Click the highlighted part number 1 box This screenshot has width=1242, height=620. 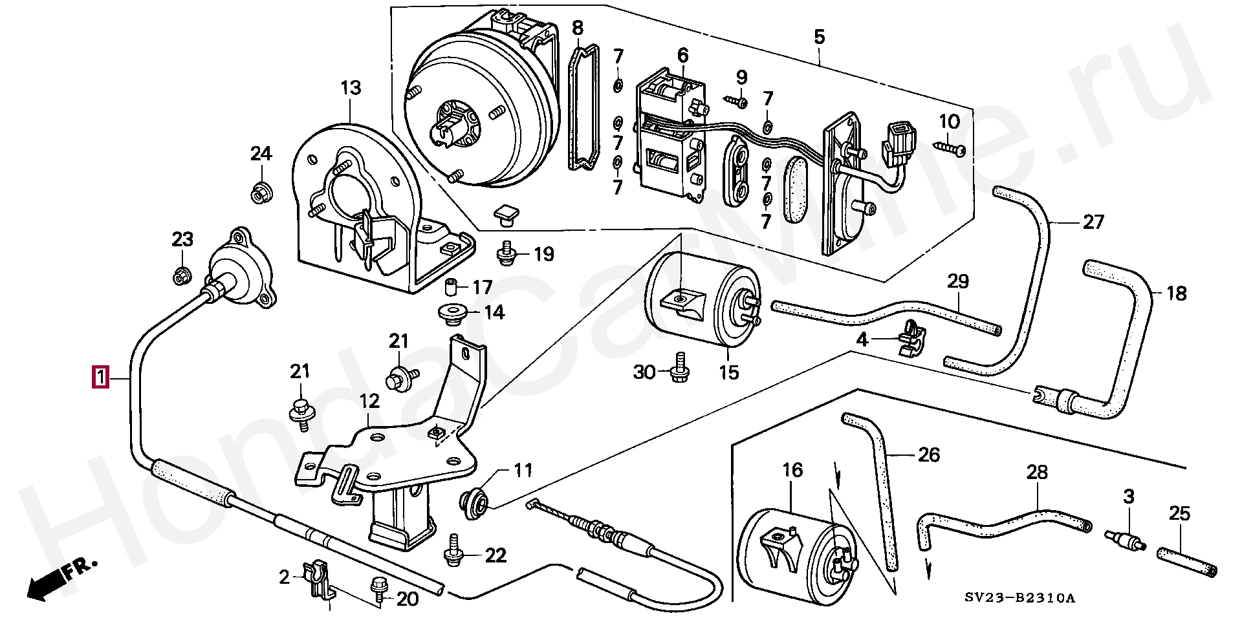[x=100, y=377]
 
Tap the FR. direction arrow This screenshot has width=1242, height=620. [x=61, y=579]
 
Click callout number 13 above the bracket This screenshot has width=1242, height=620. [x=351, y=88]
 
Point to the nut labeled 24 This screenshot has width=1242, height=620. [x=261, y=192]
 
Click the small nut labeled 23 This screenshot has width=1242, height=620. [x=182, y=276]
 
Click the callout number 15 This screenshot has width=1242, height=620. [x=728, y=373]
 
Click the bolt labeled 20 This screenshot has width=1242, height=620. [x=377, y=590]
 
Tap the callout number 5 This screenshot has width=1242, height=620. [x=820, y=37]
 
